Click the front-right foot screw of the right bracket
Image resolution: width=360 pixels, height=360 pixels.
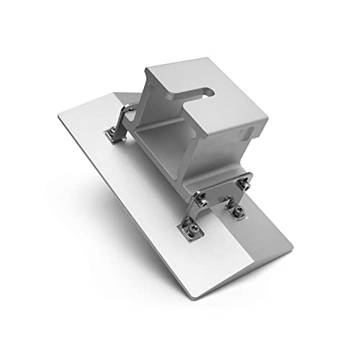tap(237, 212)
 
